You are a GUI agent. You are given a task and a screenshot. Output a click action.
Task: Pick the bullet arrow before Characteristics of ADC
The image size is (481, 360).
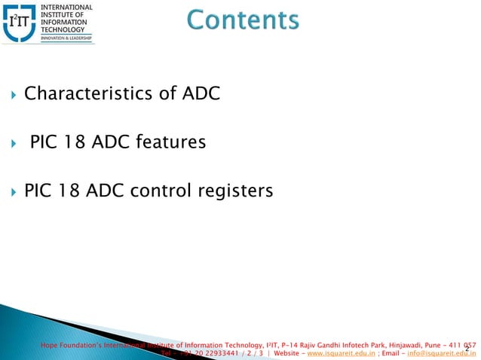pos(13,96)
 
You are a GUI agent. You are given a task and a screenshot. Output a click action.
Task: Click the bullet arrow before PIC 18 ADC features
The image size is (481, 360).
pos(13,142)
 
